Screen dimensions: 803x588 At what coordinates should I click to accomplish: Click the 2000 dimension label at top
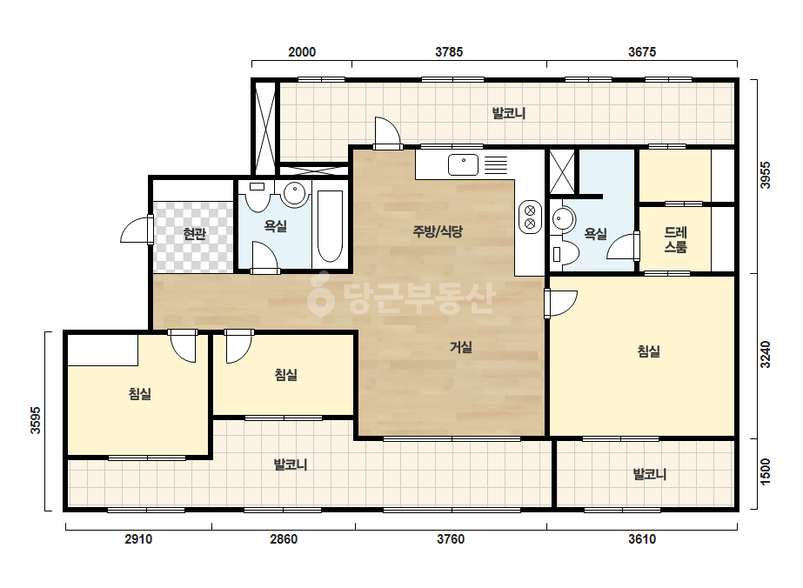pyautogui.click(x=302, y=52)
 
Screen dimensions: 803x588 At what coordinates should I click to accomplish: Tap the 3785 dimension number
pyautogui.click(x=449, y=52)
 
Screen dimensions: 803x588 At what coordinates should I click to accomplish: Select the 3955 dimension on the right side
pyautogui.click(x=765, y=175)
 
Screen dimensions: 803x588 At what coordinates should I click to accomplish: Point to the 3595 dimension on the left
pyautogui.click(x=36, y=420)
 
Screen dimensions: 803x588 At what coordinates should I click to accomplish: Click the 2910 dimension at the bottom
pyautogui.click(x=138, y=539)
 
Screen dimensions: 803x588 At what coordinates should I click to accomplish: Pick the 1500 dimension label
pyautogui.click(x=765, y=471)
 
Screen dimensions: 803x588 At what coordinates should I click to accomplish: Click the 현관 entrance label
pyautogui.click(x=195, y=234)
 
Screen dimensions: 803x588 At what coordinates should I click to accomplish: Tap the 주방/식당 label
pyautogui.click(x=438, y=231)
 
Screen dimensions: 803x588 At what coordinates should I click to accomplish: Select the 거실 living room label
pyautogui.click(x=461, y=347)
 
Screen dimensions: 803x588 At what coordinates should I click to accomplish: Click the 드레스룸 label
pyautogui.click(x=675, y=240)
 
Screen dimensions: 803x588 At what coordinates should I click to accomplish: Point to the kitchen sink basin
pyautogui.click(x=464, y=165)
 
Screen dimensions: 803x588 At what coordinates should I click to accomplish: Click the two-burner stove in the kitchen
pyautogui.click(x=530, y=217)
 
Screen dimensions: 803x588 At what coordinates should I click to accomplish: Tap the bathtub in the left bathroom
pyautogui.click(x=330, y=227)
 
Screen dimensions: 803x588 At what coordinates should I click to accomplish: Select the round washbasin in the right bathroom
pyautogui.click(x=564, y=220)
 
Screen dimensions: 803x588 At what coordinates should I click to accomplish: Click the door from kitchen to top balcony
pyautogui.click(x=387, y=133)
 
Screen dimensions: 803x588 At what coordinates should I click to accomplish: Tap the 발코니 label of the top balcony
pyautogui.click(x=509, y=113)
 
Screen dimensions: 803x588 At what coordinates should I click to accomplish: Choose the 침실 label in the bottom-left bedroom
pyautogui.click(x=140, y=394)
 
